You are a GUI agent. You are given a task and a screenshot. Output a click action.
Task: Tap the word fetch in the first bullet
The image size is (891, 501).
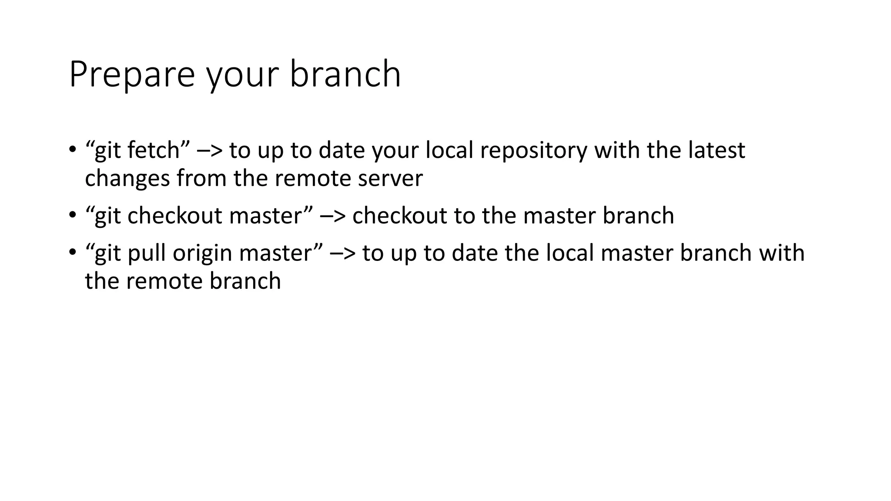(x=154, y=150)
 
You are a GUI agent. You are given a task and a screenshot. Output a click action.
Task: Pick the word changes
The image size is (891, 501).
(x=127, y=179)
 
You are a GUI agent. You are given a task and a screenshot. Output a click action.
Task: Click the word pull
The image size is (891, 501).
(x=147, y=254)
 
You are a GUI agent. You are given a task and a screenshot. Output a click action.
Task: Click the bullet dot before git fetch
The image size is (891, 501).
(x=72, y=150)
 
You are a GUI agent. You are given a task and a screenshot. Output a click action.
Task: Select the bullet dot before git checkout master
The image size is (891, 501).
(x=72, y=216)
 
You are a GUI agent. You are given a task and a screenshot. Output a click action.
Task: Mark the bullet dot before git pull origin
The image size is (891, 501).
(x=72, y=253)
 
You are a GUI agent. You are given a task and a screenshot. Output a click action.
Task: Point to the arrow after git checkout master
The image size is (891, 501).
(x=333, y=216)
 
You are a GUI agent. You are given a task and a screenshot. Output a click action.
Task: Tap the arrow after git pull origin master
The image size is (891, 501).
(x=343, y=253)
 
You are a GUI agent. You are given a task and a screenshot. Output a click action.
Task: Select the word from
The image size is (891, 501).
(x=201, y=178)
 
